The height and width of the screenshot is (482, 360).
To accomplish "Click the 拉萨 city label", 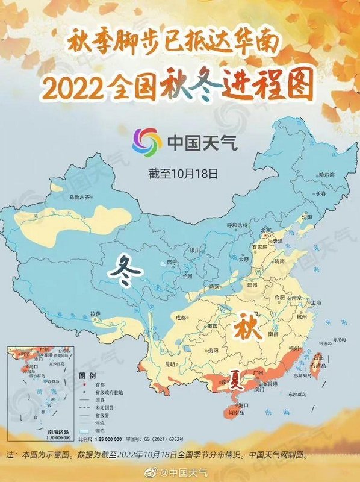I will point(95,314).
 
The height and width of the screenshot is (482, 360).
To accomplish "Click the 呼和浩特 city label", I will point(237,225).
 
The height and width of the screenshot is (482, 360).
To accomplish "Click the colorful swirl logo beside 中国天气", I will point(147,142).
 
